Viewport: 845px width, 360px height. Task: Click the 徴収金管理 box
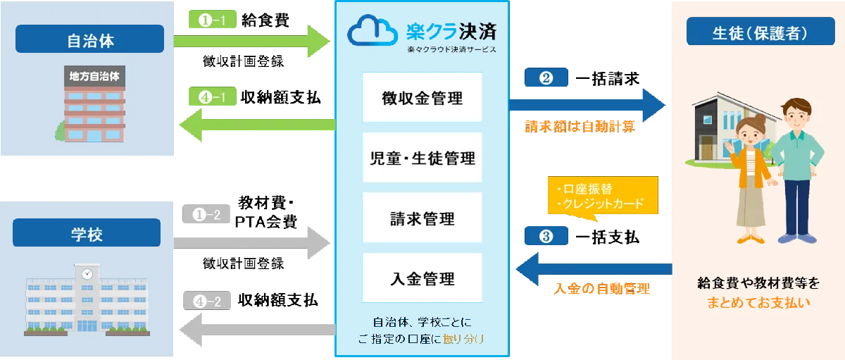click(422, 97)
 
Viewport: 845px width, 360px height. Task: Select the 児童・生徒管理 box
click(422, 157)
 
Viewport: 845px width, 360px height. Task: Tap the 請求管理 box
click(422, 218)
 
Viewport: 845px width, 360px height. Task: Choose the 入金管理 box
click(422, 278)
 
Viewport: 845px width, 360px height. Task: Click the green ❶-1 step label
click(211, 19)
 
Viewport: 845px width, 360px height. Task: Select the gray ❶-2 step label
click(206, 215)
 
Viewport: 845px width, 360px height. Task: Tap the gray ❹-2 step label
click(206, 302)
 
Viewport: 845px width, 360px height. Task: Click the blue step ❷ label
click(545, 78)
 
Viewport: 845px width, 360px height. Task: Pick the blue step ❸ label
click(545, 237)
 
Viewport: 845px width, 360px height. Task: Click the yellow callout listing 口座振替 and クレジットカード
click(602, 197)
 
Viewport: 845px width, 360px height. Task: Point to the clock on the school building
click(87, 273)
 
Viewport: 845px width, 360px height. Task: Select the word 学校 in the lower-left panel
click(87, 235)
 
